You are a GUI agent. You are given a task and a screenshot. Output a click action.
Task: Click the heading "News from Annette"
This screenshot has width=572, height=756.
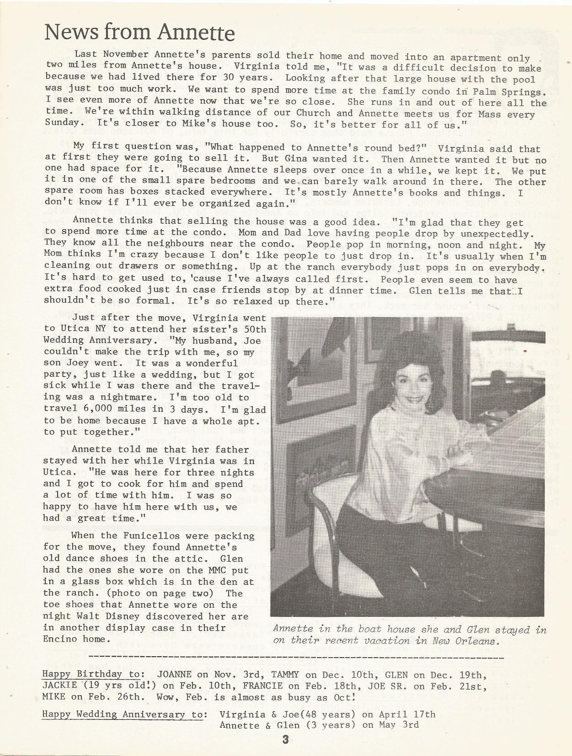(x=139, y=32)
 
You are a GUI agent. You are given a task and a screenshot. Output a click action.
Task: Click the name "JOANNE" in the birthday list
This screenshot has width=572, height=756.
(x=174, y=675)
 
